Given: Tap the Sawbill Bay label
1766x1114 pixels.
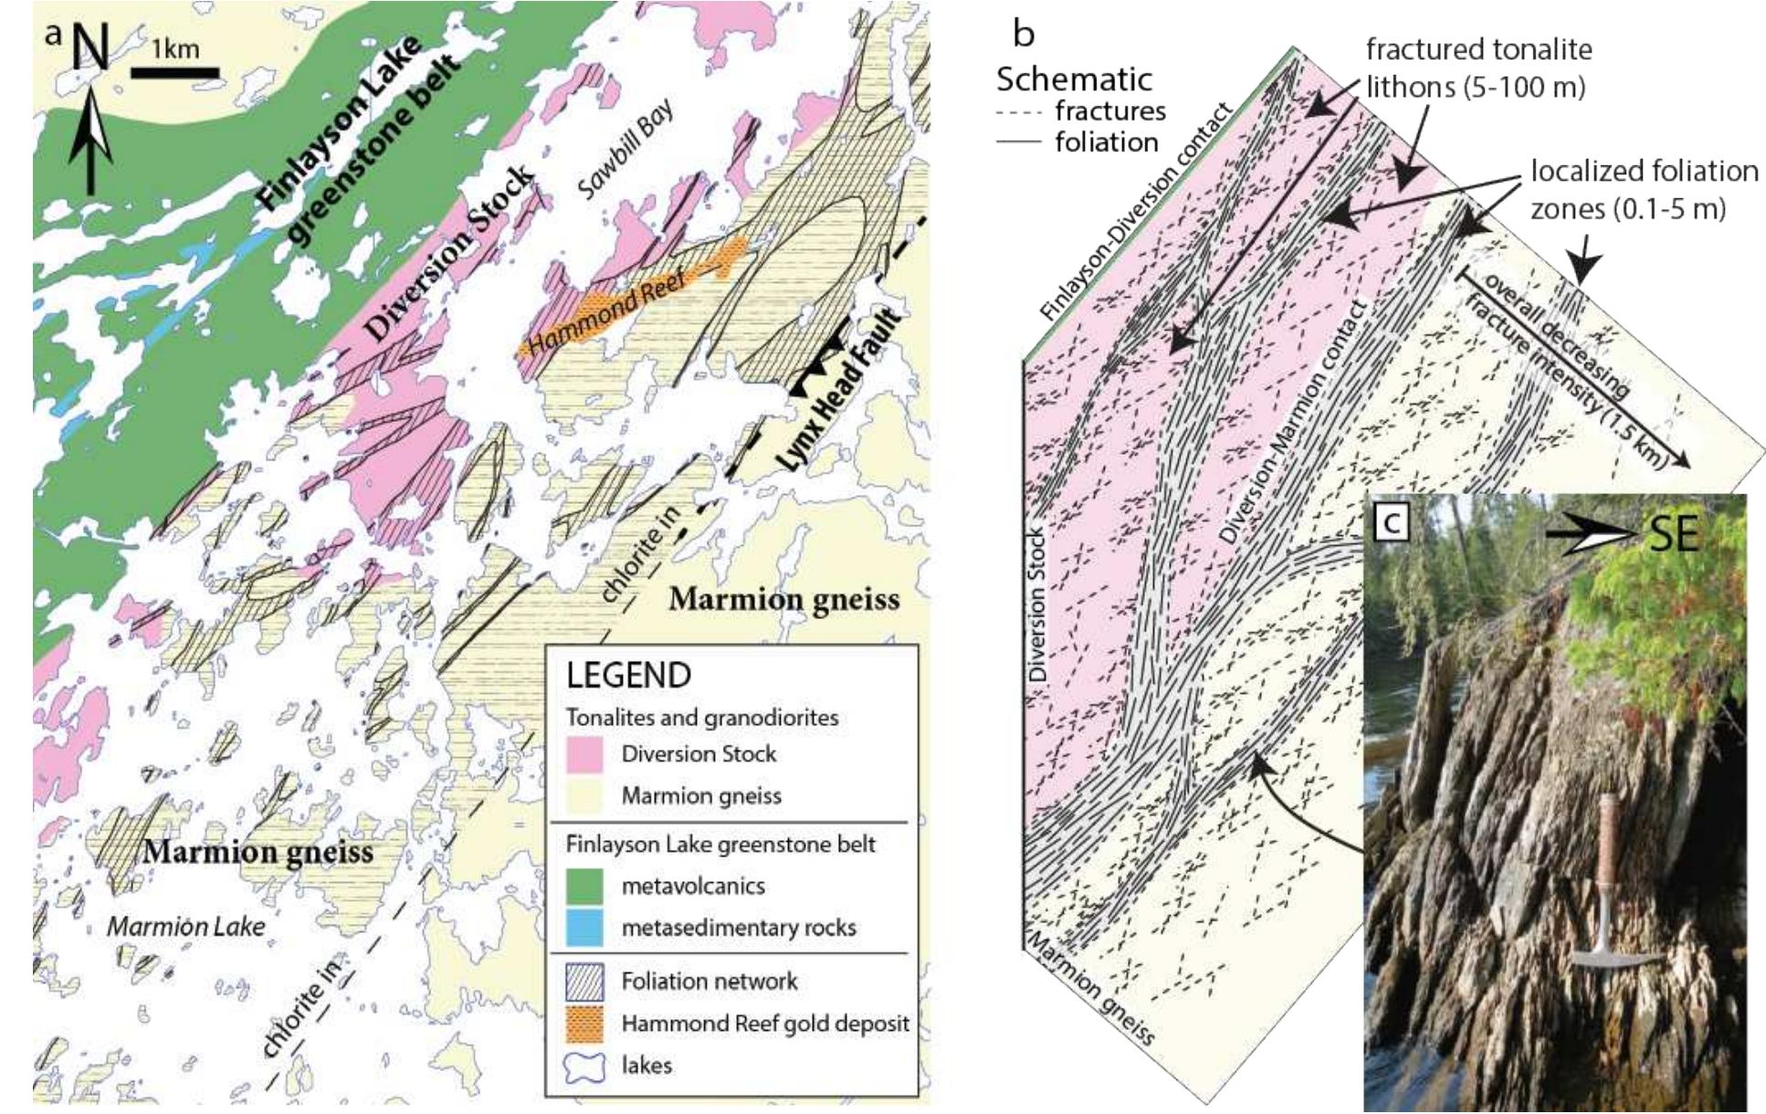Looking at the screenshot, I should click(625, 150).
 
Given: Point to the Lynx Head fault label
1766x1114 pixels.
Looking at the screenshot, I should click(839, 393).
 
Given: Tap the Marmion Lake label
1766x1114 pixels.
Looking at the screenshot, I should click(186, 926).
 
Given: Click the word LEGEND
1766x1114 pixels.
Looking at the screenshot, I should click(628, 676).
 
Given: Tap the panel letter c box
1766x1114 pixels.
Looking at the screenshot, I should click(1391, 522).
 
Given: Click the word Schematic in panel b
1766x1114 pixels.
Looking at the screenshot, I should click(1074, 79).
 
